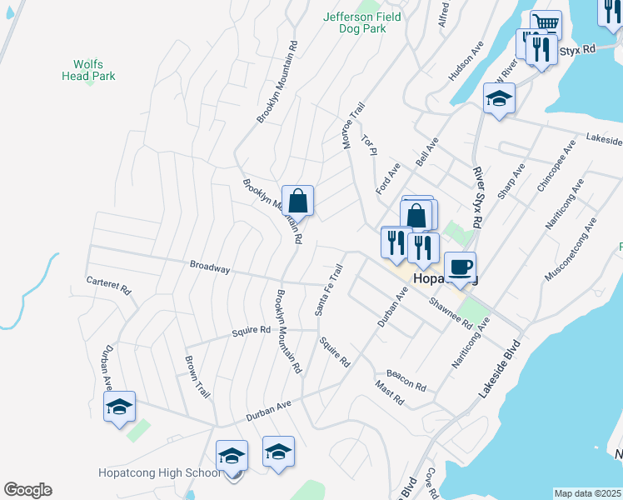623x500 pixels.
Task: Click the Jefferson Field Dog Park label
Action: tap(361, 22)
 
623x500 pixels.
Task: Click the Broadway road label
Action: tap(209, 267)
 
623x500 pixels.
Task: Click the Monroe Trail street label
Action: tap(353, 126)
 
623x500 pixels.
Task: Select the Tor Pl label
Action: tap(369, 143)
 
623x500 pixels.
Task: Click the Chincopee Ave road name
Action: tap(556, 167)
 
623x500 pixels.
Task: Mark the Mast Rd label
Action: tap(389, 393)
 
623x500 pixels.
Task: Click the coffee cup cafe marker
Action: tap(460, 267)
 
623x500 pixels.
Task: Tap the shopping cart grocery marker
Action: tap(546, 24)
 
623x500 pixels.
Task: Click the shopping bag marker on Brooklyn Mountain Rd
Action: tap(297, 201)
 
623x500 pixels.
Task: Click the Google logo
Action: tap(27, 490)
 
